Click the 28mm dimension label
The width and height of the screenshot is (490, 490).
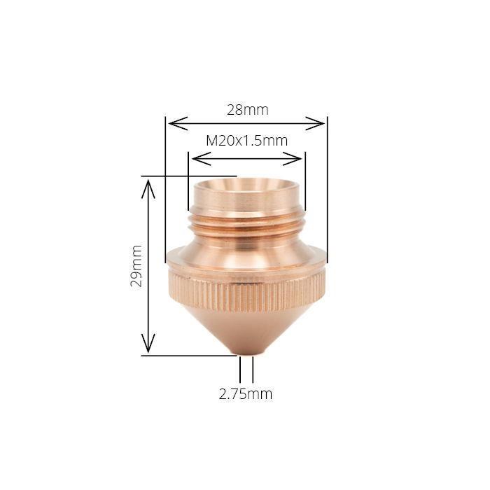point(247,110)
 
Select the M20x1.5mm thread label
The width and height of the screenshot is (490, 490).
point(246,140)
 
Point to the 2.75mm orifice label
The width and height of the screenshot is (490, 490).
point(245,394)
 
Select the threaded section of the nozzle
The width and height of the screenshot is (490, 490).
point(246,223)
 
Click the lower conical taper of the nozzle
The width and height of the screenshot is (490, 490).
point(246,329)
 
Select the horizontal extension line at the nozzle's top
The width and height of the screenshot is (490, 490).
point(189,176)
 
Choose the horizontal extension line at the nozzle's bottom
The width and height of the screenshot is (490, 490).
point(189,356)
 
